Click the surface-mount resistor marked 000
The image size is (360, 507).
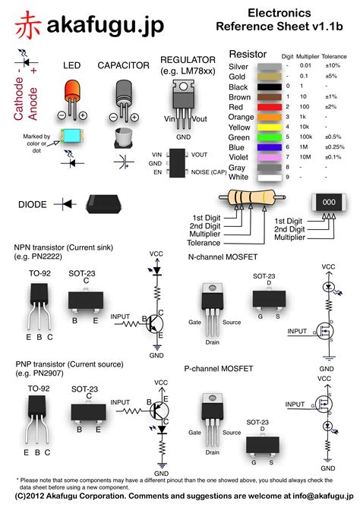(328, 203)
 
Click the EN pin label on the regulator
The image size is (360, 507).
(157, 172)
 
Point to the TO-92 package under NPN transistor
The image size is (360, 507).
(39, 301)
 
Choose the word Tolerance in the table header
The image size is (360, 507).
(334, 55)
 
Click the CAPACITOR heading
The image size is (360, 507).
(124, 65)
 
